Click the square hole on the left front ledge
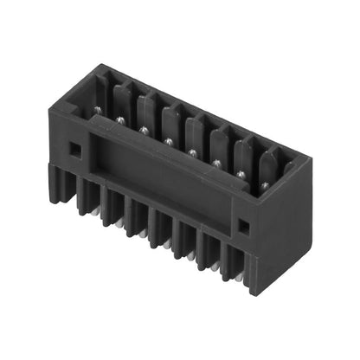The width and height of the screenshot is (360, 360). coord(75,148)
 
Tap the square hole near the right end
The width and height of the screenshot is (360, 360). coord(243,227)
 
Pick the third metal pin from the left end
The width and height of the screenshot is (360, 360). coord(143,130)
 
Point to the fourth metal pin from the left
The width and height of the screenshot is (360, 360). coord(167,141)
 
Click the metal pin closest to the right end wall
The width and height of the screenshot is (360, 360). coord(260,183)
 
